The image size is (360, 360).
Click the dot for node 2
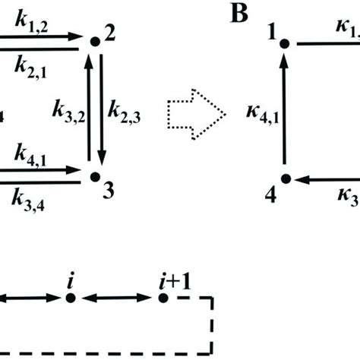pyautogui.click(x=95, y=41)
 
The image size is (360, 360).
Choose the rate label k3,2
pyautogui.click(x=68, y=112)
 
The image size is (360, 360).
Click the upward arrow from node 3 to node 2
pyautogui.click(x=90, y=109)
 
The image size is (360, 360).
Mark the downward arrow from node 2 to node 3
pyautogui.click(x=101, y=109)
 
